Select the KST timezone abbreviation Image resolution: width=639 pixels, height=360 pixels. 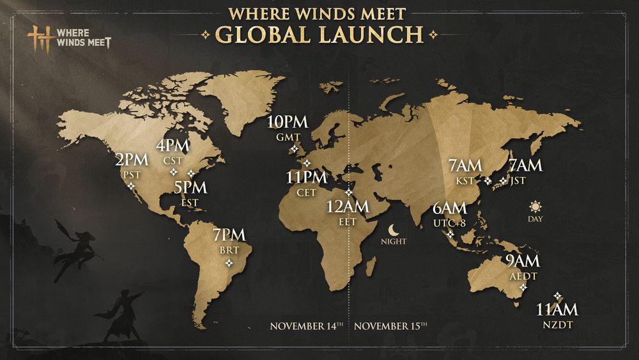point(465,180)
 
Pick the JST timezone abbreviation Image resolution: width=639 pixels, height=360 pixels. point(518,180)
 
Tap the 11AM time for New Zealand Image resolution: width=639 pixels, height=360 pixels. point(557,310)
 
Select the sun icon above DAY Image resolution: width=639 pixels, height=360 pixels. point(535,206)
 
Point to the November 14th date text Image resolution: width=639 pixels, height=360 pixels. point(307,326)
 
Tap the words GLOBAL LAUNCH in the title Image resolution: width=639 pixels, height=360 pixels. point(319,33)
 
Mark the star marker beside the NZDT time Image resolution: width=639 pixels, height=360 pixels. point(557,295)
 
